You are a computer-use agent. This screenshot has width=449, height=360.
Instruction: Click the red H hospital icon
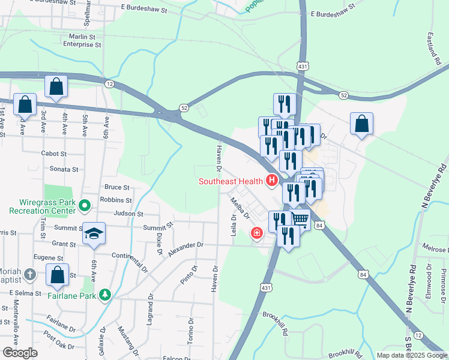point(272,180)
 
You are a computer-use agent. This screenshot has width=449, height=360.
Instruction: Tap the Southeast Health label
point(232,181)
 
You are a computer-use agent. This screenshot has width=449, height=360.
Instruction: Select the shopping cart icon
point(300,220)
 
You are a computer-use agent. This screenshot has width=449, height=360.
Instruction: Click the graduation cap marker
point(94,233)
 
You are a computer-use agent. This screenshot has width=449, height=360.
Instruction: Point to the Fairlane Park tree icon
point(106,294)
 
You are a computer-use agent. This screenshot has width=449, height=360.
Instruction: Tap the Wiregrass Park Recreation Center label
point(42,206)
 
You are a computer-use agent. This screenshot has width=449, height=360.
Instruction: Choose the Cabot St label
point(53,154)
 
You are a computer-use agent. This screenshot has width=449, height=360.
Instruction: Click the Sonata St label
point(64,169)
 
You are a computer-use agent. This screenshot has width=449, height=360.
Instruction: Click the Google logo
point(20,353)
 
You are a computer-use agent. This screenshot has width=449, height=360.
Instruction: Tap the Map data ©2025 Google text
point(411,355)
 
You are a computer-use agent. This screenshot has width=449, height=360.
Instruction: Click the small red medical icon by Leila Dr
point(257,232)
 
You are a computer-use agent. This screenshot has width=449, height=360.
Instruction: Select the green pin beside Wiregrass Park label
point(85,206)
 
